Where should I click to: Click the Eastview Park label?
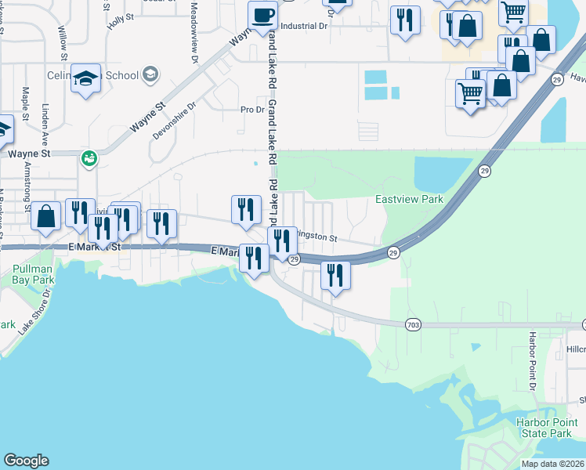click(409, 199)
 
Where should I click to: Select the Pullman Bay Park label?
click(33, 273)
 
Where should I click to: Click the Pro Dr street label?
click(252, 110)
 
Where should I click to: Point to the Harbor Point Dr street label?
click(531, 361)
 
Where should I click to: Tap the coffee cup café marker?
click(263, 14)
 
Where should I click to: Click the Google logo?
click(26, 461)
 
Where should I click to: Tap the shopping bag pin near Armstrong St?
click(46, 215)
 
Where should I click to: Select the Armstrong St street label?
click(28, 189)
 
